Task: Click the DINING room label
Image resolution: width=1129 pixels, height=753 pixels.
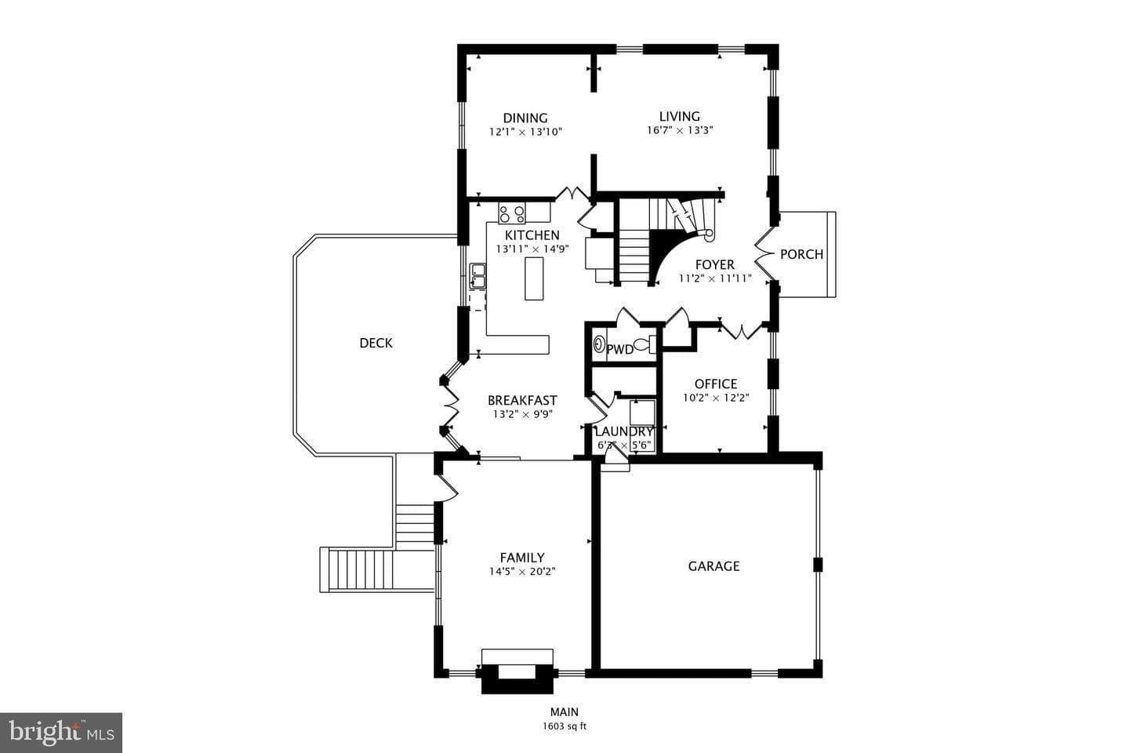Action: point(525,118)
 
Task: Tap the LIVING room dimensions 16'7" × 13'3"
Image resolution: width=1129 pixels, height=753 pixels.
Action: point(680,130)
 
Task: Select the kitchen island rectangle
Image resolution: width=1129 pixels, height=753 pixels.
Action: point(534,278)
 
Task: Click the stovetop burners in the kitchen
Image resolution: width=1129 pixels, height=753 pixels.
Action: point(511,213)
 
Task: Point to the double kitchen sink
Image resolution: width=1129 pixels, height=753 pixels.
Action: point(477,276)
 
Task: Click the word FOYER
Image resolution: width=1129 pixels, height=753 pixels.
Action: point(715,265)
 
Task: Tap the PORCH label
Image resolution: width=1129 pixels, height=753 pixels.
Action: point(801,254)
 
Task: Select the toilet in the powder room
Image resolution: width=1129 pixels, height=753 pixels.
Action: point(644,344)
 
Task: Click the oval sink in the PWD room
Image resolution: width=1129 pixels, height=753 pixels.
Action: point(599,344)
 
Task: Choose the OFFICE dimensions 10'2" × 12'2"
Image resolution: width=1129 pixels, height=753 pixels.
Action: point(716,398)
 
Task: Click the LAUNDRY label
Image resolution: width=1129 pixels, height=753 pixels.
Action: point(624,431)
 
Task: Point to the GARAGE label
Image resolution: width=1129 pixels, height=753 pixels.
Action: point(713,566)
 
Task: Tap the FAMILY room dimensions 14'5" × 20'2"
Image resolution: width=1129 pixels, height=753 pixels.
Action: point(522,572)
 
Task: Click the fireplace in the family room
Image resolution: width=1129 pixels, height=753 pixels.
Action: point(517,671)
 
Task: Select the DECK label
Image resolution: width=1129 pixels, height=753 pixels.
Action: point(376,343)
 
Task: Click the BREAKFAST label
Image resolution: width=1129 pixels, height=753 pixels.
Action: point(522,401)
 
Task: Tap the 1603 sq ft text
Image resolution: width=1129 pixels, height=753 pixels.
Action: point(564,726)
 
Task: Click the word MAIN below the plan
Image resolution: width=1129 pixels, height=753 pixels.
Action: point(564,711)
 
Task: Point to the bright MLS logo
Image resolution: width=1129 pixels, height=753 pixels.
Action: point(61,733)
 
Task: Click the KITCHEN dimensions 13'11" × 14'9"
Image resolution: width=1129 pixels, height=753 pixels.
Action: point(532,249)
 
